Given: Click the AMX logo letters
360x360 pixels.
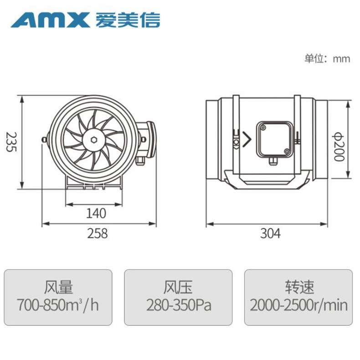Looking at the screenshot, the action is click(50, 20).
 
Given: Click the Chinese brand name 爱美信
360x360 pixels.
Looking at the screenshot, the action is click(128, 20).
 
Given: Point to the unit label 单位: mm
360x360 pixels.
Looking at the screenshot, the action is click(327, 59).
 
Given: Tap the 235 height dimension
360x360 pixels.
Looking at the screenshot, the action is click(11, 142).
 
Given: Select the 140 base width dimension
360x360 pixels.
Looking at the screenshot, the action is click(96, 213).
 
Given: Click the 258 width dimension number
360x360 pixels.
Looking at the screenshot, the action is click(98, 233).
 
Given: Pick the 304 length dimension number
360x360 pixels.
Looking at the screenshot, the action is click(271, 233).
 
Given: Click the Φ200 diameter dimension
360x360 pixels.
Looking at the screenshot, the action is click(339, 147).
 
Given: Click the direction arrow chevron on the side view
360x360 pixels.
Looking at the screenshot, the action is click(247, 139).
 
